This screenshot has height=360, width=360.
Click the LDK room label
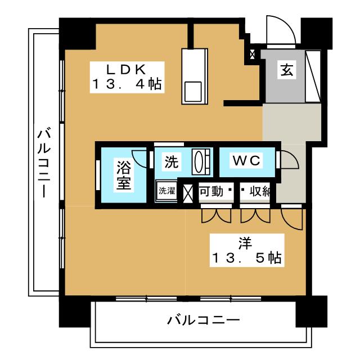tap(128, 70)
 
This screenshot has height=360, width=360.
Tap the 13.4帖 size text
tap(127, 85)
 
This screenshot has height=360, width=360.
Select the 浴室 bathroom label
tap(124, 175)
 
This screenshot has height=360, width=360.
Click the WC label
tap(247, 161)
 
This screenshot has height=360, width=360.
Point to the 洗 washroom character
tap(171, 162)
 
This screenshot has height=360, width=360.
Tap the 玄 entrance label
tap(286, 70)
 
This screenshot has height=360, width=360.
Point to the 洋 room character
tap(245, 243)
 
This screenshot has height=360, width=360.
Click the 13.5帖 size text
tap(246, 259)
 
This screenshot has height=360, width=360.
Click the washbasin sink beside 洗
tap(201, 161)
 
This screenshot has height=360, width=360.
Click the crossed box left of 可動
tap(188, 191)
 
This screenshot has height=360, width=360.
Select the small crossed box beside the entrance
tap(252, 55)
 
